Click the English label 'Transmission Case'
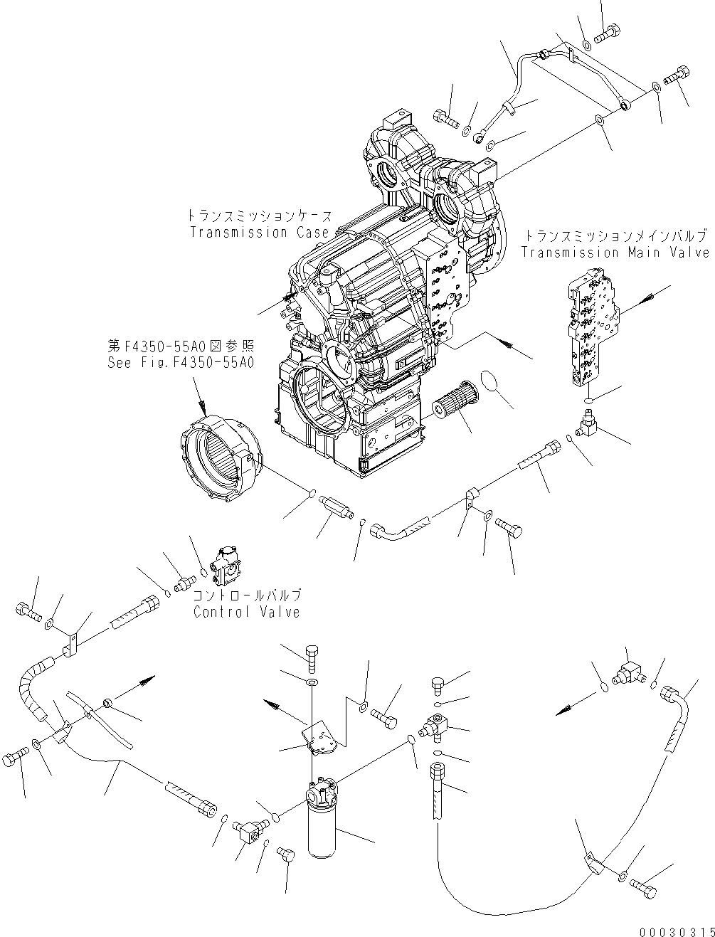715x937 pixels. coord(260,232)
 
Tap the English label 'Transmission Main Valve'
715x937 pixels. coord(615,252)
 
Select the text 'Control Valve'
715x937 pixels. coord(246,612)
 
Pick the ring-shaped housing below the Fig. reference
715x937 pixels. coord(216,462)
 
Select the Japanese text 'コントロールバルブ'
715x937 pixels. coord(247,595)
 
